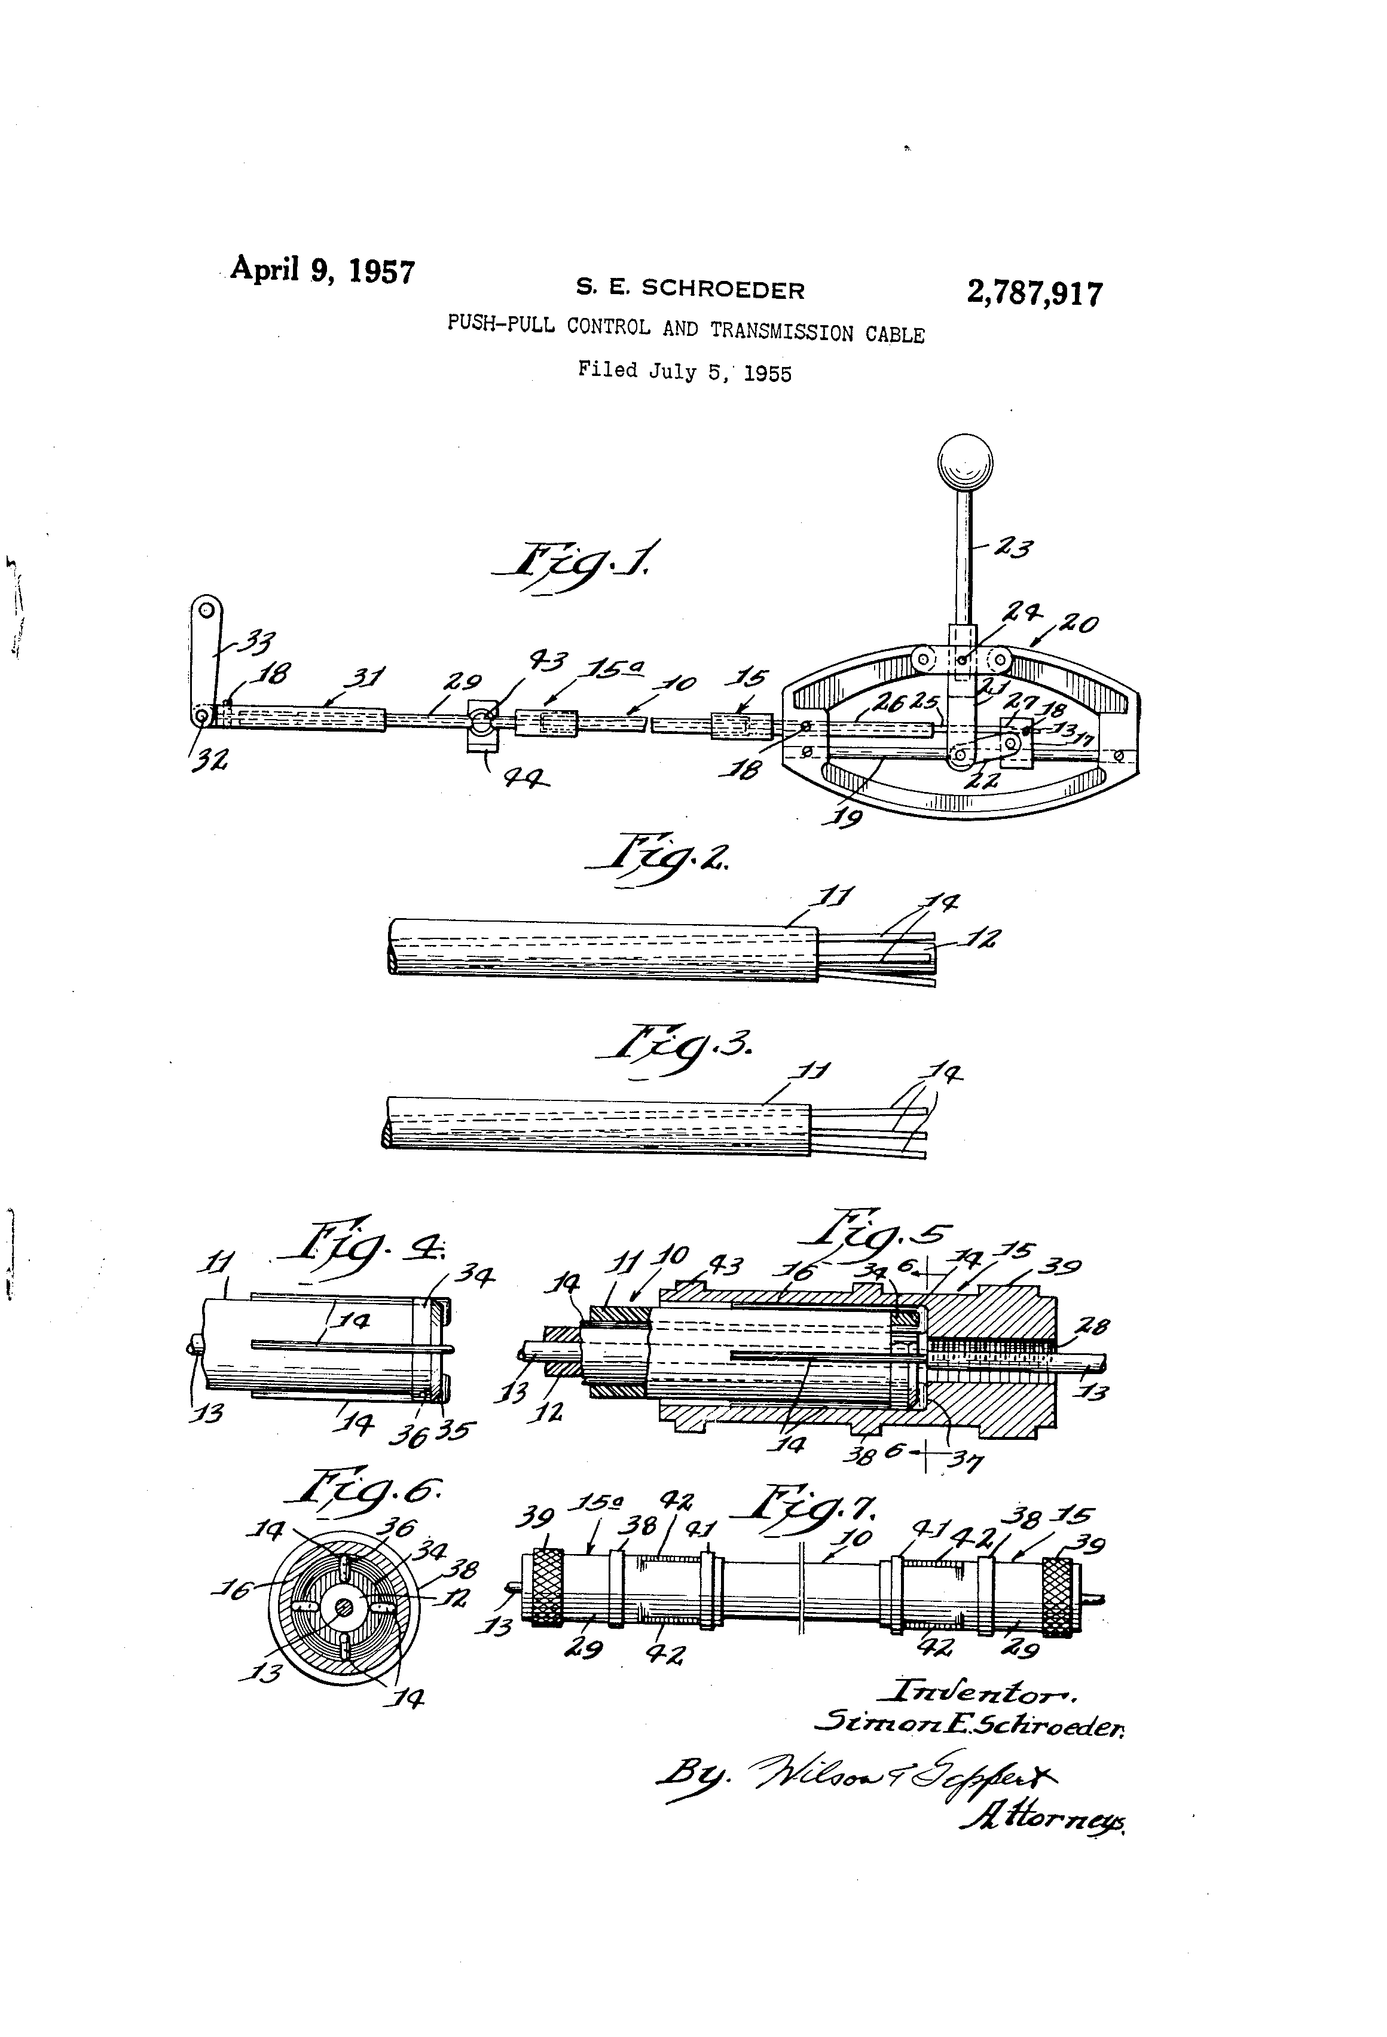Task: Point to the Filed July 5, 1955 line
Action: click(x=684, y=372)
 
